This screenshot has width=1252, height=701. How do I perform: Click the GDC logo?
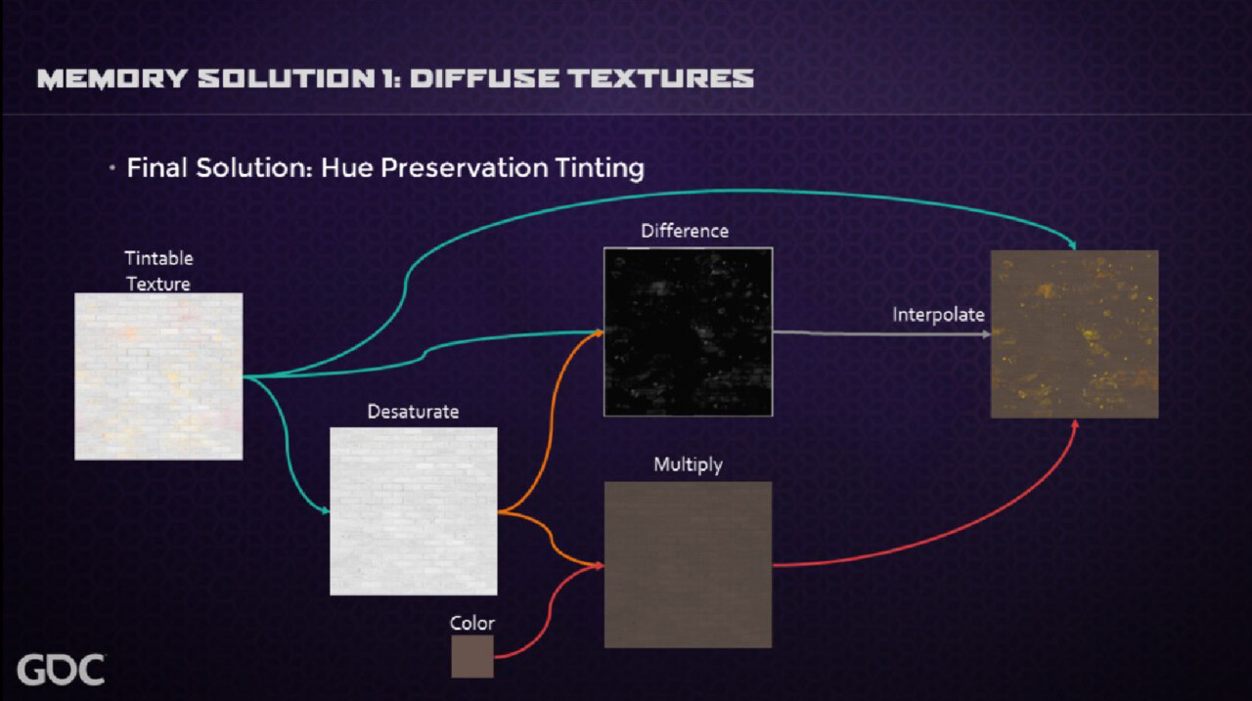coord(61,669)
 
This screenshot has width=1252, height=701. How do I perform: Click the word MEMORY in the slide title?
coord(112,79)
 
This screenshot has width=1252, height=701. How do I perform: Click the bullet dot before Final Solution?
coord(112,167)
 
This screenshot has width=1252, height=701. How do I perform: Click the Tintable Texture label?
coord(158,271)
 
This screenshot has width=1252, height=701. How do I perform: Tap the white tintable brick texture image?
coord(158,376)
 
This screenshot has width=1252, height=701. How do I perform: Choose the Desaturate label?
coord(413,412)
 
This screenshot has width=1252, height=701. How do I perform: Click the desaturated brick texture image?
coord(414,511)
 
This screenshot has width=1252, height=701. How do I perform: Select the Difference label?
coord(685,231)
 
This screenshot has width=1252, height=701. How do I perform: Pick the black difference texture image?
coord(688,331)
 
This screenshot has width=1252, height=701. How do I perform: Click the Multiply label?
coord(688,464)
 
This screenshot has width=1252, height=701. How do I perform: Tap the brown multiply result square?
coord(688,565)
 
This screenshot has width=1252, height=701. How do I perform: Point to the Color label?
coord(472,624)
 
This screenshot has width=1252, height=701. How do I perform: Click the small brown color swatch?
coord(472,656)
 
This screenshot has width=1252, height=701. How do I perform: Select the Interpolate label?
coord(938,315)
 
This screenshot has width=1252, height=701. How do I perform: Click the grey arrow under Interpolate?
coord(882,334)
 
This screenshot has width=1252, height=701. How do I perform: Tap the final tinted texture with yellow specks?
coord(1074,334)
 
